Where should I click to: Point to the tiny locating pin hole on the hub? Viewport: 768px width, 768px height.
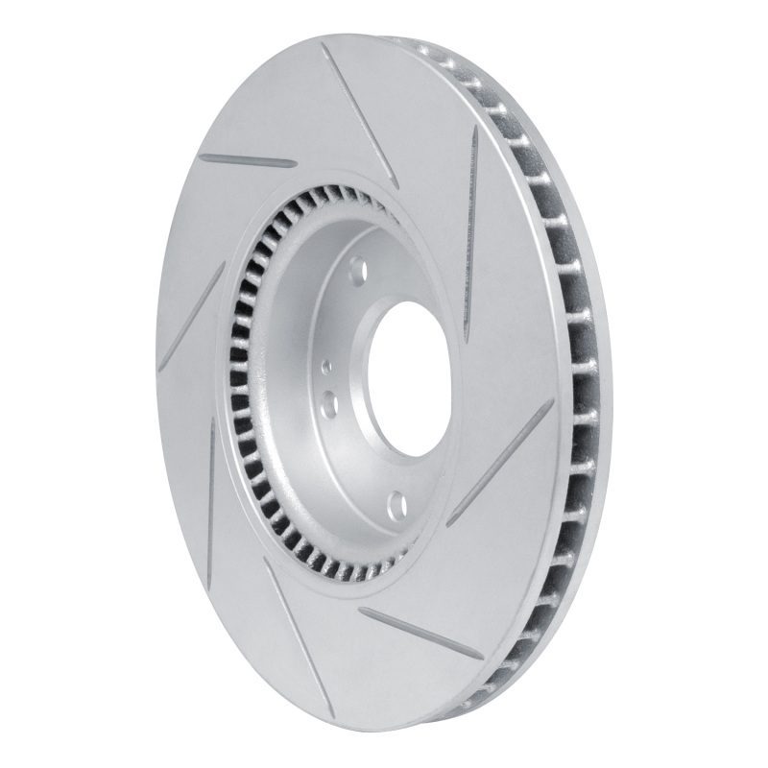[x=326, y=366]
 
